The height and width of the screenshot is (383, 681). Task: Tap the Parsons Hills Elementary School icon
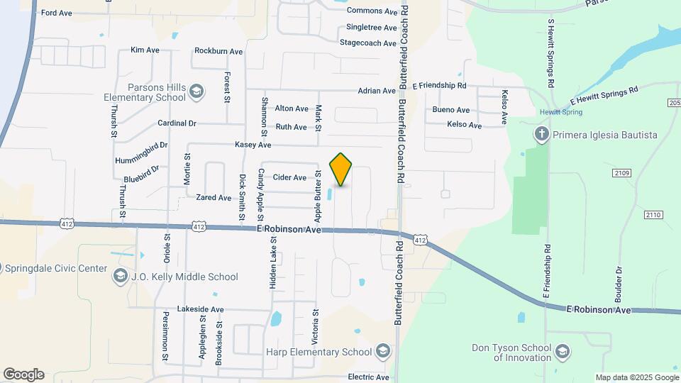(196, 91)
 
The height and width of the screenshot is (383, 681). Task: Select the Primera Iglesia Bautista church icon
(542, 135)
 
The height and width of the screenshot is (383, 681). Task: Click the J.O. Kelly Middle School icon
(120, 277)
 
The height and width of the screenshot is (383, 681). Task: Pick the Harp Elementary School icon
(383, 352)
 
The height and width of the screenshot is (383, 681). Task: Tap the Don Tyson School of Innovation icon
(563, 352)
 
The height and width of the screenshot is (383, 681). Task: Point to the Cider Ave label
(289, 177)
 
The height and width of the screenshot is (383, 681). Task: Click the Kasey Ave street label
(253, 145)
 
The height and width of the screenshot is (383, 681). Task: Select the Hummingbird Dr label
(141, 153)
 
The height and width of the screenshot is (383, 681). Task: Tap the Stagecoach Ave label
(367, 43)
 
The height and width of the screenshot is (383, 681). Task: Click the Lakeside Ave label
(200, 309)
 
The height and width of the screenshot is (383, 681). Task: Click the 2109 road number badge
(622, 173)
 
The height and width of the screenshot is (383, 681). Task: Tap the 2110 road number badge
(653, 214)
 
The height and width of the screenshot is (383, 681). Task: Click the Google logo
(23, 374)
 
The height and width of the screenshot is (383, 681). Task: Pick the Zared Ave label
(214, 198)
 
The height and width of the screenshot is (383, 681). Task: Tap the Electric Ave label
(368, 377)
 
